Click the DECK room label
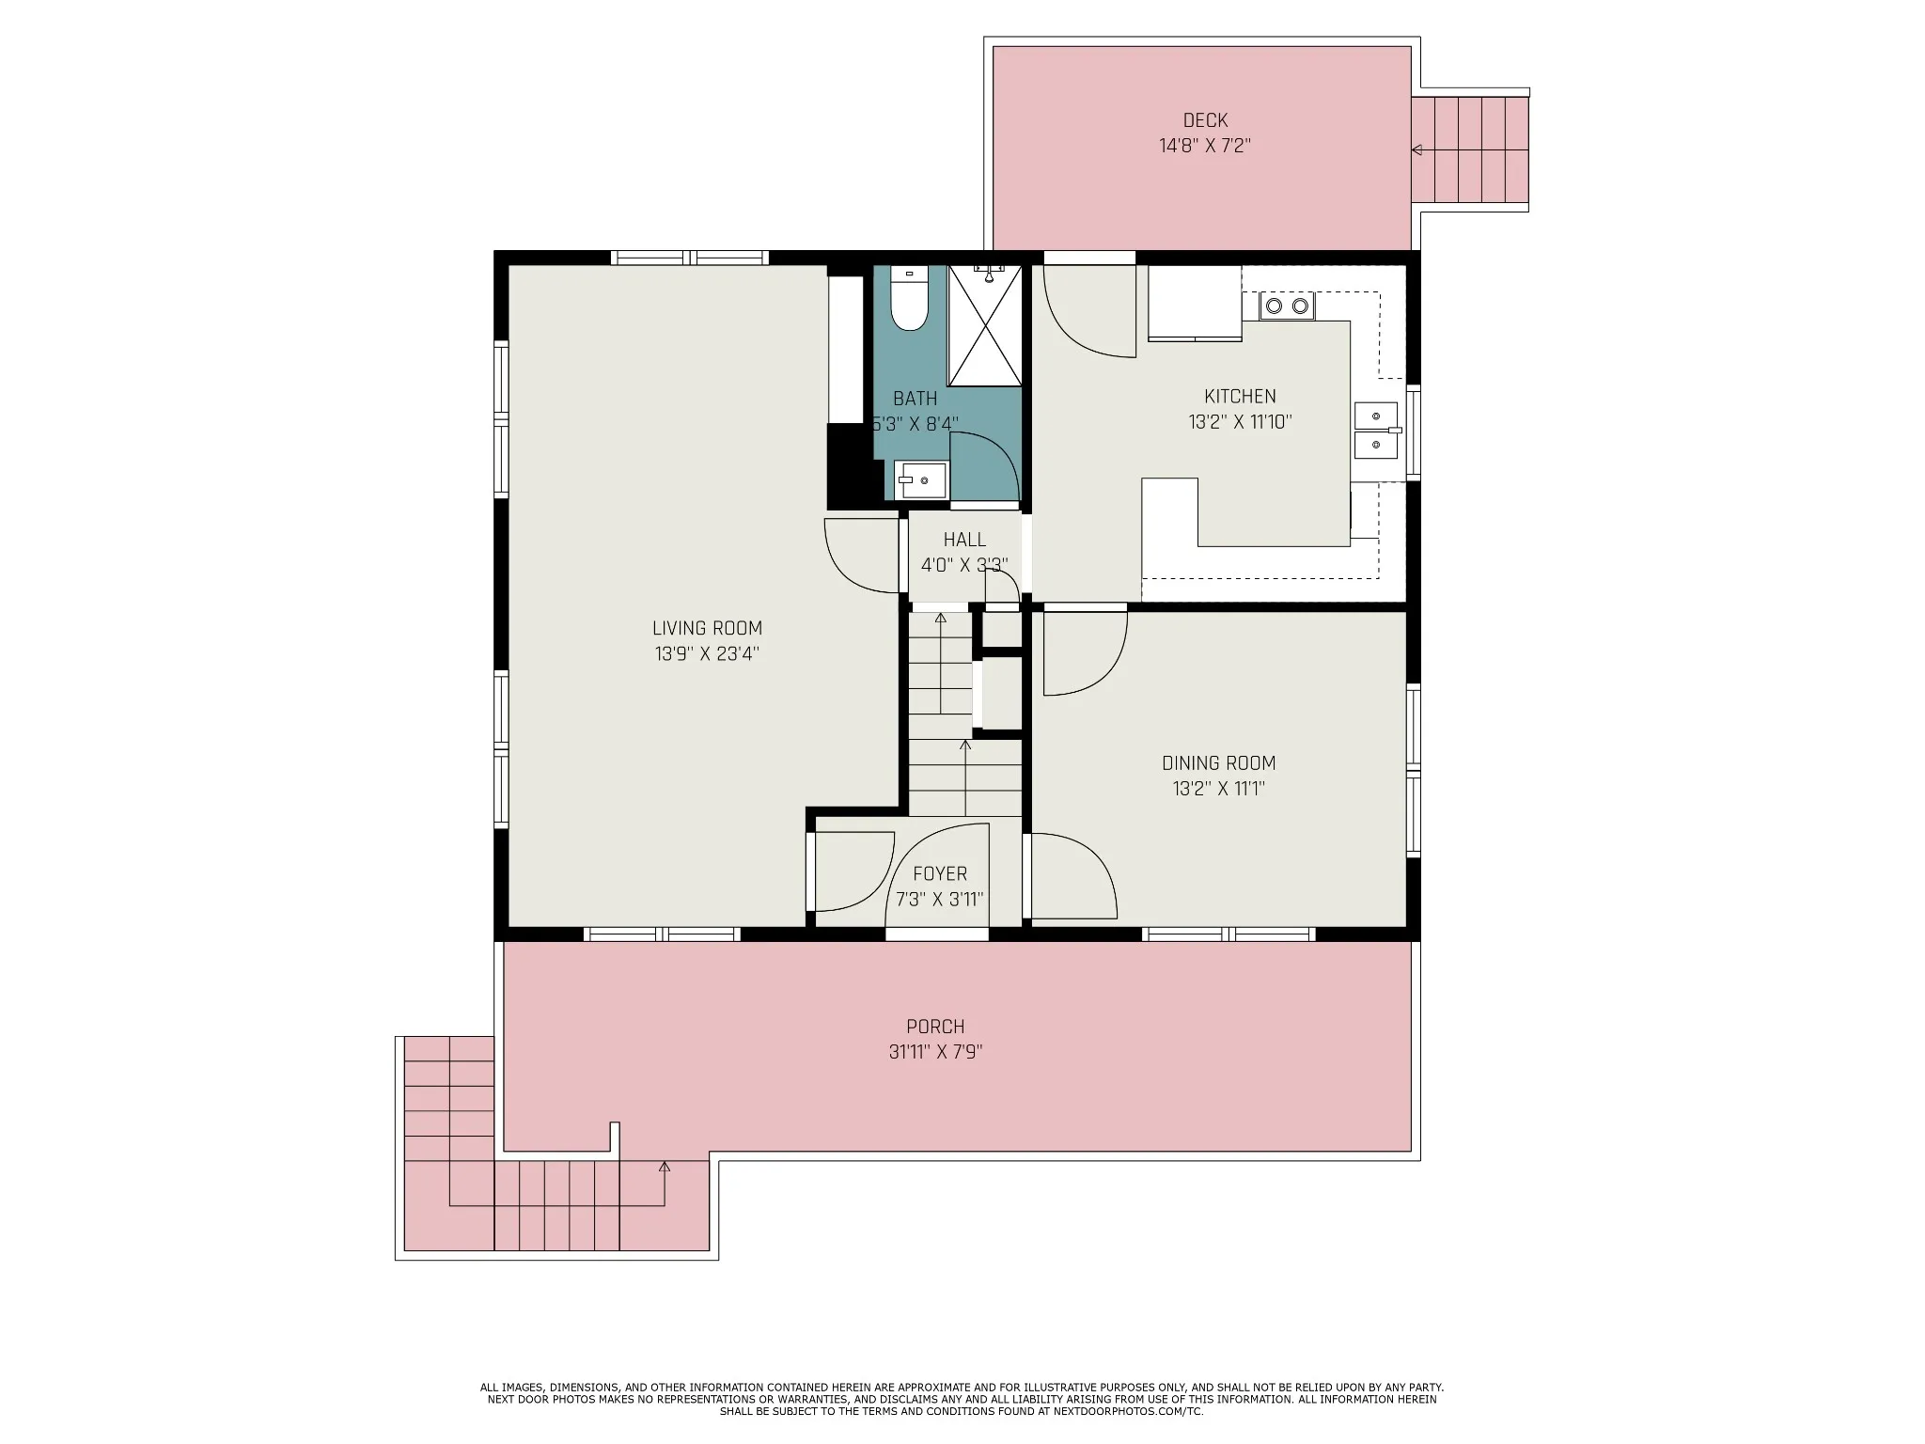1205,120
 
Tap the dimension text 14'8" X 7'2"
1205,146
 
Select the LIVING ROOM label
707,628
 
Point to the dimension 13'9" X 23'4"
707,653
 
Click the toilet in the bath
909,298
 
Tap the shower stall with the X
984,325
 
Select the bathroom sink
920,480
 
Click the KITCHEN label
1240,397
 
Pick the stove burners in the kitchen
1287,306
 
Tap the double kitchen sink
1376,430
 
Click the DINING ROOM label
1218,763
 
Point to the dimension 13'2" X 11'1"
1218,789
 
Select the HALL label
964,540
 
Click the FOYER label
939,874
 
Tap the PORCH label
935,1027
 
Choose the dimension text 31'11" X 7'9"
935,1052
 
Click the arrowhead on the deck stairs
1416,149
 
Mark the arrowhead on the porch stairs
665,1167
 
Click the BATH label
915,399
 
